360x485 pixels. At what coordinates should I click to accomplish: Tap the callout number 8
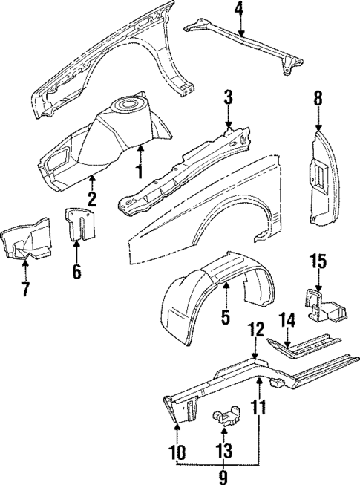point(318,97)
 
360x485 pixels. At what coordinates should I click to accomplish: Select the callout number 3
point(229,97)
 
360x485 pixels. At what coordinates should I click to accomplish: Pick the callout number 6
point(76,272)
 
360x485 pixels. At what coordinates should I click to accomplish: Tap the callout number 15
point(317,262)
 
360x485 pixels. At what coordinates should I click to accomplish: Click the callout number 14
point(287,319)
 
